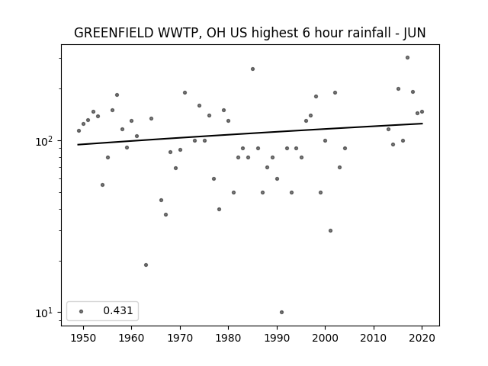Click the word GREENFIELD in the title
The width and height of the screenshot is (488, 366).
coord(114,33)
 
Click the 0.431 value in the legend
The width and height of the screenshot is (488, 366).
coord(118,310)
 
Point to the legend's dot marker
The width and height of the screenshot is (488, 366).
coord(82,311)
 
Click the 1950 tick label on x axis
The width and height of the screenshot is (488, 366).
coord(83,338)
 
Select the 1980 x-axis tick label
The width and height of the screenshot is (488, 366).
coord(228,338)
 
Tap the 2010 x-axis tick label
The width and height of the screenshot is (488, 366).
coord(374,338)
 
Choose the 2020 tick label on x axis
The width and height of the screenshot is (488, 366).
coord(422,338)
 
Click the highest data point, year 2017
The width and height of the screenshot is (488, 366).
coord(407,58)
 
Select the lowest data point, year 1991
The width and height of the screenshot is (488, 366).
coord(281,312)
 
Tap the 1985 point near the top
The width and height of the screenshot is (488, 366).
coord(252,69)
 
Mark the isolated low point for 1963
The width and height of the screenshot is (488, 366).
coord(146,265)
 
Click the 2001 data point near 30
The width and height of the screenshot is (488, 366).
coord(330,230)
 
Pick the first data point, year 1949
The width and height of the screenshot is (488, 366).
coord(79,130)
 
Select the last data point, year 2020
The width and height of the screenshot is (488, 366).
coord(422,112)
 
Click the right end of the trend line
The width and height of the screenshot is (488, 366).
coord(422,124)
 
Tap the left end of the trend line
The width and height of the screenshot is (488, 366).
coord(78,144)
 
